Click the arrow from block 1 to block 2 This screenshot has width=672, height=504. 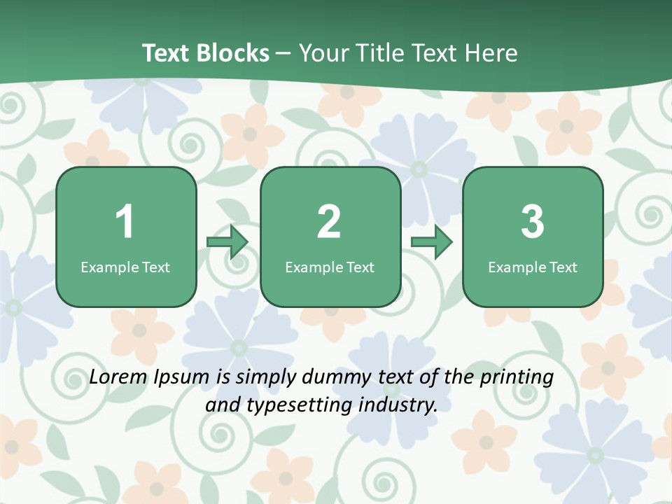coord(228,242)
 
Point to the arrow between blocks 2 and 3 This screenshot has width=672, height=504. coord(432,242)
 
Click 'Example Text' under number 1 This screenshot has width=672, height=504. coord(125,267)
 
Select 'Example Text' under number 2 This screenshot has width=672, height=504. coord(330,267)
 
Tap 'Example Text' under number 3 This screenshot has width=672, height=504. coord(533,267)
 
